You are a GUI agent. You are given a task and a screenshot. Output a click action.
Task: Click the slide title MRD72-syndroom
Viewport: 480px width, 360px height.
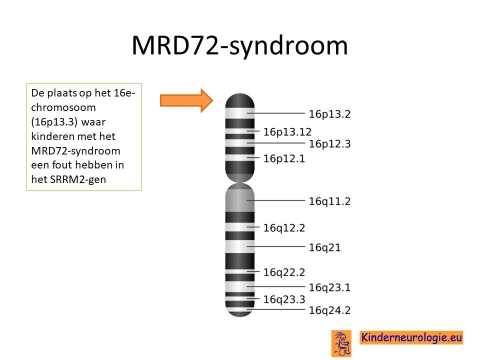click(x=239, y=46)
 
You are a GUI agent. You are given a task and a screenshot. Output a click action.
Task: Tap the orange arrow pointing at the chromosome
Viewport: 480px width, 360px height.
click(x=186, y=100)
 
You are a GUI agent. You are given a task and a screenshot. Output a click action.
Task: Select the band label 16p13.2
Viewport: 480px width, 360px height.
click(x=329, y=114)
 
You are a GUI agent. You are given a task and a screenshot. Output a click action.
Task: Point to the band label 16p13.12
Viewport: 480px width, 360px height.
click(x=287, y=132)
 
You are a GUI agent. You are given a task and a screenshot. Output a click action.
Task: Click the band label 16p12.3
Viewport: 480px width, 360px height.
click(x=329, y=144)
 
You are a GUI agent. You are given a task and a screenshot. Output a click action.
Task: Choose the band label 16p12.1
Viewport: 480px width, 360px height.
click(x=284, y=158)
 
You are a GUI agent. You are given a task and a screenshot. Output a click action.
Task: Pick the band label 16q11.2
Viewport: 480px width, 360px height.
click(x=329, y=201)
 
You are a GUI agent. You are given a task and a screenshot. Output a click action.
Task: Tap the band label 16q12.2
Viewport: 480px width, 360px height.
click(x=284, y=228)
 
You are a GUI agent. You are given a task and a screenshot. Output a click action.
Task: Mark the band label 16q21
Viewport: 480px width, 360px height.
click(x=324, y=247)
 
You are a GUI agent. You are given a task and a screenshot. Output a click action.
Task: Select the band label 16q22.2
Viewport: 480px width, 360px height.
click(x=284, y=272)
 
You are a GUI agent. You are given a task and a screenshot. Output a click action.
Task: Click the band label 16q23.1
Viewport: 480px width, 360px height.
click(x=329, y=288)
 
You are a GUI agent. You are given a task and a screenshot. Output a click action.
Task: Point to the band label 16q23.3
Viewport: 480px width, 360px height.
click(x=284, y=299)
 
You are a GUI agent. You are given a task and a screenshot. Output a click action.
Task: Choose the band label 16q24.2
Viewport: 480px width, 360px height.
click(x=329, y=310)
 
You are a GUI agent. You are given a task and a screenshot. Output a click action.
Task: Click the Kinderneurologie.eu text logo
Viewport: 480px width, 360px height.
click(x=411, y=337)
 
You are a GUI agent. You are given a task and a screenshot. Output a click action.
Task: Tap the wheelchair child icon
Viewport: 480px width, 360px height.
click(x=341, y=343)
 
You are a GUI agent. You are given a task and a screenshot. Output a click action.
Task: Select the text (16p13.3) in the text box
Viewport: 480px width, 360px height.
click(x=54, y=122)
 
